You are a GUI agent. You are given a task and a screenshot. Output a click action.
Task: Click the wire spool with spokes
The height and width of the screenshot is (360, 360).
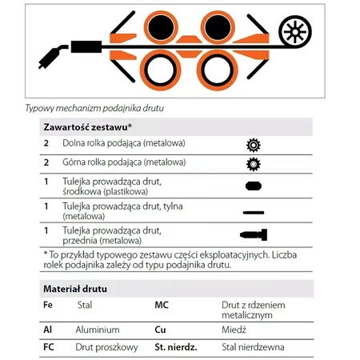pyautogui.click(x=295, y=32)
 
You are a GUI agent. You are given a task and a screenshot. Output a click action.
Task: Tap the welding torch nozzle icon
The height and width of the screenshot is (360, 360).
pyautogui.click(x=53, y=57)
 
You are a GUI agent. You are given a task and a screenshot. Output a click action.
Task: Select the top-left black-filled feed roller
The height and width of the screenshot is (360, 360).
pyautogui.click(x=161, y=27)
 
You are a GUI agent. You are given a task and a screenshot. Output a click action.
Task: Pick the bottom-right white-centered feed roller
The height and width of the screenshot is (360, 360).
pyautogui.click(x=218, y=70)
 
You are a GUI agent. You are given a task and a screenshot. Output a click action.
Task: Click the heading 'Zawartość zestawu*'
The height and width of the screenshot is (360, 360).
pyautogui.click(x=88, y=127)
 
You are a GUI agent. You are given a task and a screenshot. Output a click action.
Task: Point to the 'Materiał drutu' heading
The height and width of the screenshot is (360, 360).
pyautogui.click(x=75, y=289)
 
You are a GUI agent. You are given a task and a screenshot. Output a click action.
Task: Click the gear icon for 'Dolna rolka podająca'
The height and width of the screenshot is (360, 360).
pyautogui.click(x=254, y=145)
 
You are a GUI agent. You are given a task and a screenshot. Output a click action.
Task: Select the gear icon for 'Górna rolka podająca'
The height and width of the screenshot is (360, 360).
pyautogui.click(x=254, y=164)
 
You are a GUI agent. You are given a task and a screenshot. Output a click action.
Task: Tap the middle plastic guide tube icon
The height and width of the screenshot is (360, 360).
pyautogui.click(x=254, y=186)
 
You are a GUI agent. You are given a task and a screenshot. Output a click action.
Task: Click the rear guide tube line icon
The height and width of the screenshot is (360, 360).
pyautogui.click(x=254, y=213)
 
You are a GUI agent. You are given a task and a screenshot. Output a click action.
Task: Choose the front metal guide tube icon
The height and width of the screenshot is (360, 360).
pyautogui.click(x=254, y=234)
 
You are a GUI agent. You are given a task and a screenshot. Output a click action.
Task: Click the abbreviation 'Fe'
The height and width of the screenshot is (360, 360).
pyautogui.click(x=48, y=305)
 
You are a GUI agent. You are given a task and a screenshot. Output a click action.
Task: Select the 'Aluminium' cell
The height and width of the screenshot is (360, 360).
pyautogui.click(x=98, y=330)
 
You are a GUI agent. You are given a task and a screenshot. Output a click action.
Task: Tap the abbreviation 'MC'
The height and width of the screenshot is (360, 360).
pyautogui.click(x=162, y=305)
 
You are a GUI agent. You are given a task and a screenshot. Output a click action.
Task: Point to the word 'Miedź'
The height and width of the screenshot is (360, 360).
pyautogui.click(x=234, y=330)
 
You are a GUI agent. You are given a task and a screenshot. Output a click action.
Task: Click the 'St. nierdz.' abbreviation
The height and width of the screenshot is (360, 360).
pyautogui.click(x=176, y=347)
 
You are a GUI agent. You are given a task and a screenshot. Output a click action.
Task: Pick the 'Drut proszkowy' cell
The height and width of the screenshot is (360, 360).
pyautogui.click(x=106, y=347)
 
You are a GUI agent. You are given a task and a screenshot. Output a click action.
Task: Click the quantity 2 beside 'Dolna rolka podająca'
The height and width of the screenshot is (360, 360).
pyautogui.click(x=46, y=143)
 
